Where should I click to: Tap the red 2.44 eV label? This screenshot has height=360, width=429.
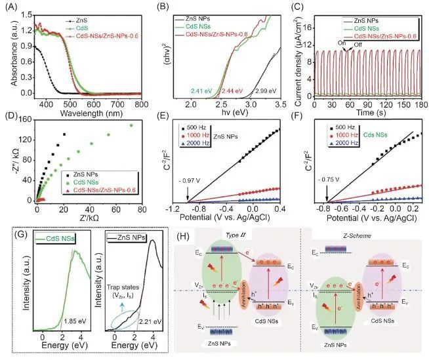[x=233, y=90]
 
